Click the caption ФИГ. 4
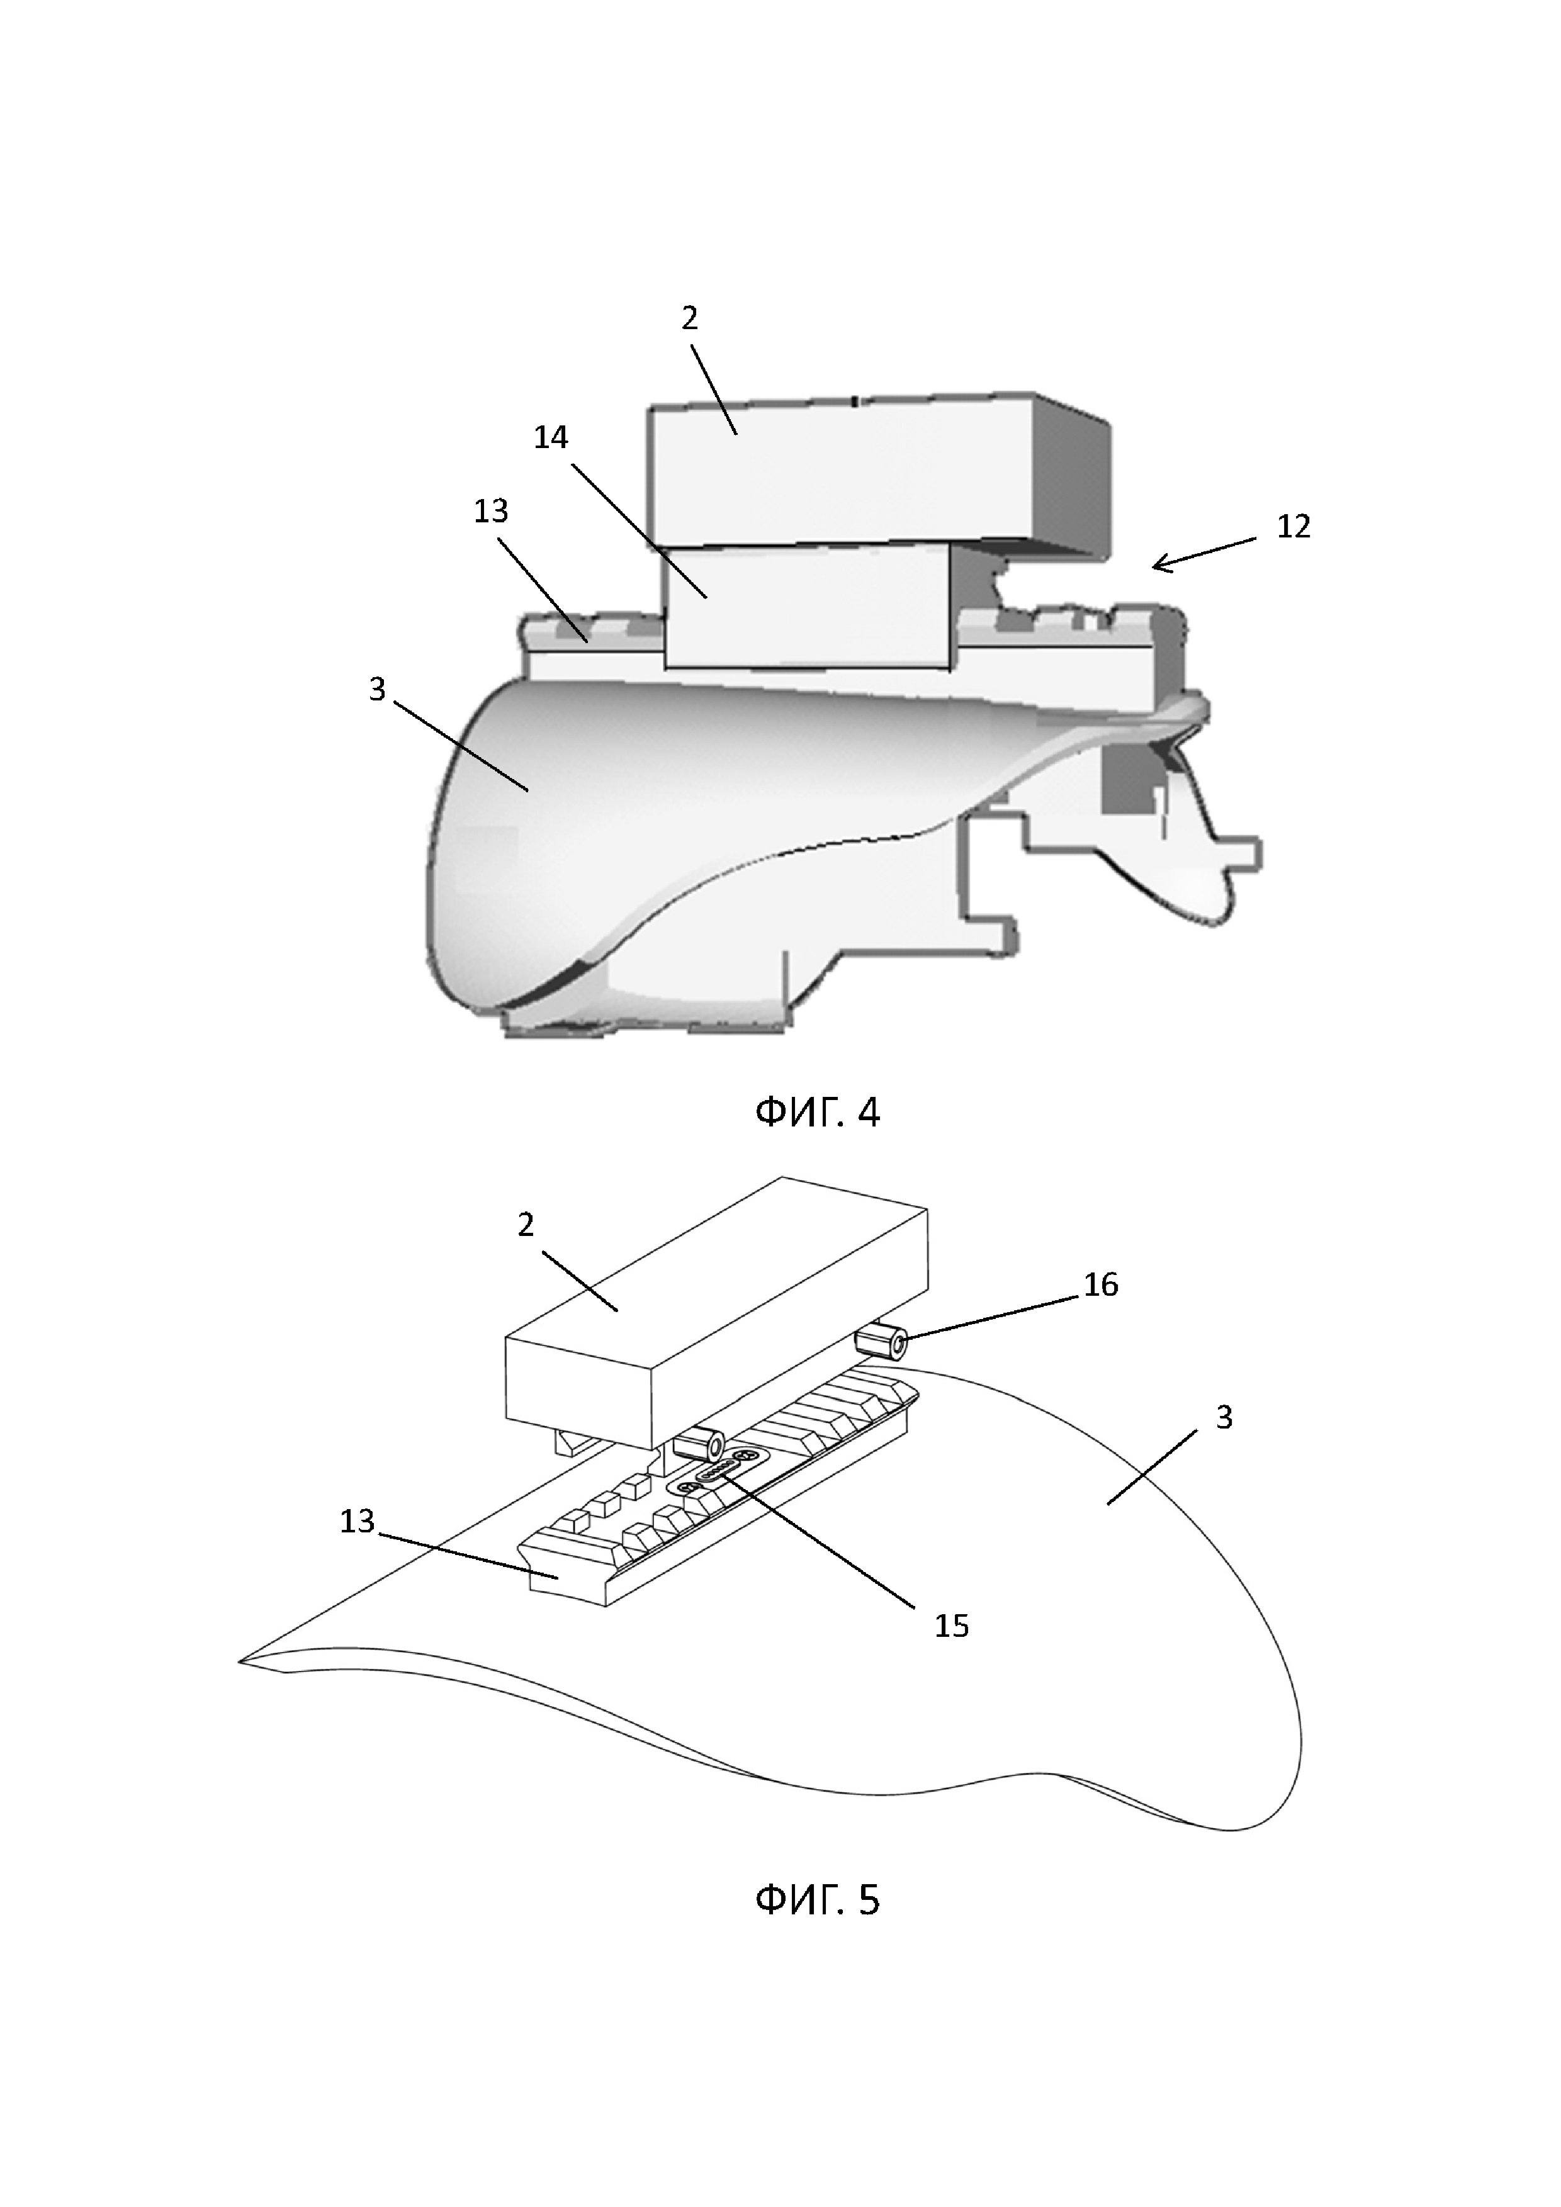tap(817, 1113)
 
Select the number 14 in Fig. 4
tap(552, 439)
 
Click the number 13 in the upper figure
tap(490, 510)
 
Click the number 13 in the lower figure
tap(357, 1522)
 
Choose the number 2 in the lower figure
tap(526, 1225)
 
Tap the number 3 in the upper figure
tap(378, 688)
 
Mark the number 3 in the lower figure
tap(1224, 1418)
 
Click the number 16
tap(1101, 1285)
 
